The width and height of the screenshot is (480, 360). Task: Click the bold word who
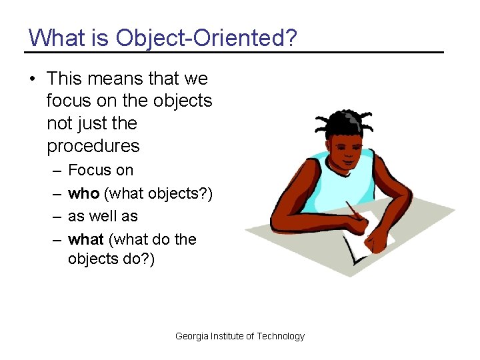pos(84,193)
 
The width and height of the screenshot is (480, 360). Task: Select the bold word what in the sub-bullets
pos(86,239)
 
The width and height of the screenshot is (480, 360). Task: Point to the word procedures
pos(93,146)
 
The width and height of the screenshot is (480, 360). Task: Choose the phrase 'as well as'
pos(103,216)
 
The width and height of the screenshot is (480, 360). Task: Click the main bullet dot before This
pos(32,79)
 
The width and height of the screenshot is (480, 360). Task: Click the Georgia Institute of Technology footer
pos(239,336)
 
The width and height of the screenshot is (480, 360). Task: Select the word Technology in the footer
pos(281,336)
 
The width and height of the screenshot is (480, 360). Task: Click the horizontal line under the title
pos(233,52)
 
